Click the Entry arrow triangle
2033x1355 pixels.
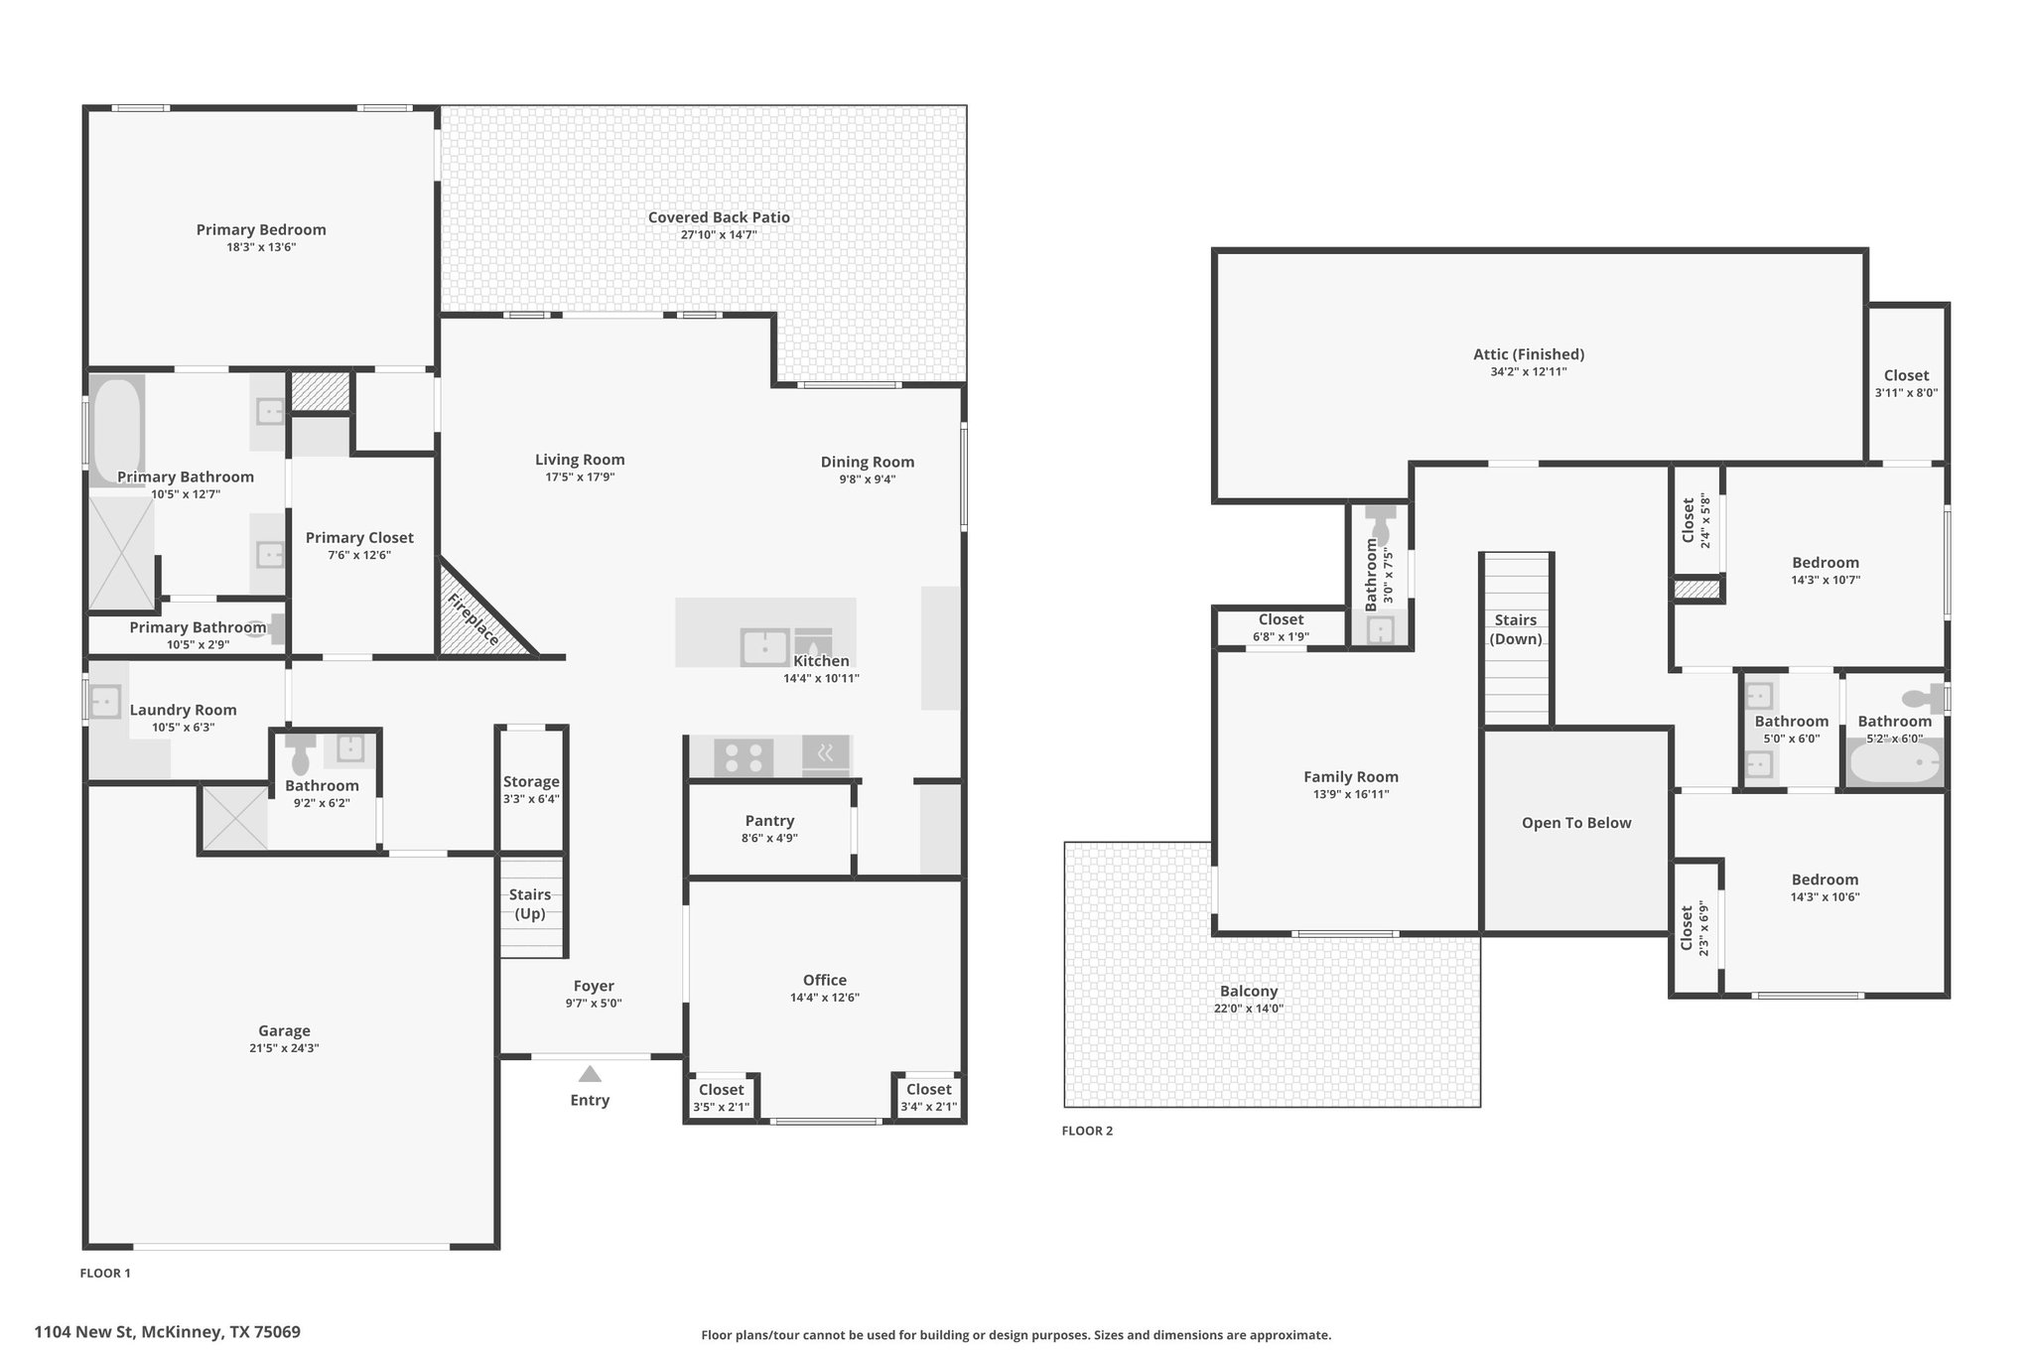[x=590, y=1074]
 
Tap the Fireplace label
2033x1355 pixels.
[x=473, y=619]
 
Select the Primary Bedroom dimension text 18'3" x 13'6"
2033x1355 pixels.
[x=261, y=247]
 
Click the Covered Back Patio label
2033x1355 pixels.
[x=719, y=217]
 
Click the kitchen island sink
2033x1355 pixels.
[x=764, y=647]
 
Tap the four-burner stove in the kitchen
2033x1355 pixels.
[x=744, y=757]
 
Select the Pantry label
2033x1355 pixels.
[x=769, y=821]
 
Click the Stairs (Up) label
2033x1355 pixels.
[x=530, y=904]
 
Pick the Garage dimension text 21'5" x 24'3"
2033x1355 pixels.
[x=285, y=1048]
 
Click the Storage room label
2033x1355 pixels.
[x=531, y=782]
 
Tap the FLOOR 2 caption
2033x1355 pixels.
[x=1087, y=1131]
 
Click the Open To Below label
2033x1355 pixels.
[x=1576, y=823]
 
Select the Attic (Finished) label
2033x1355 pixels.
[x=1529, y=354]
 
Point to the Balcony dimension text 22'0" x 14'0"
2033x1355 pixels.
[x=1249, y=1009]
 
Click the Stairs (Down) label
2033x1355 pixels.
[x=1516, y=629]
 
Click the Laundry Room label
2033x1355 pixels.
[x=184, y=710]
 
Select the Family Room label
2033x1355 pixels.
[x=1351, y=777]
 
